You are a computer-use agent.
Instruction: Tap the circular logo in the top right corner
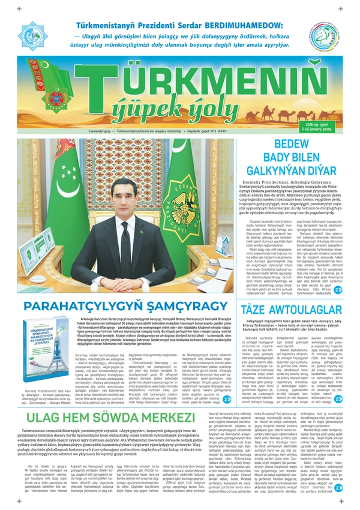point(324,35)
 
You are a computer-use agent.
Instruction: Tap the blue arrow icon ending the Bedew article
point(338,290)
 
